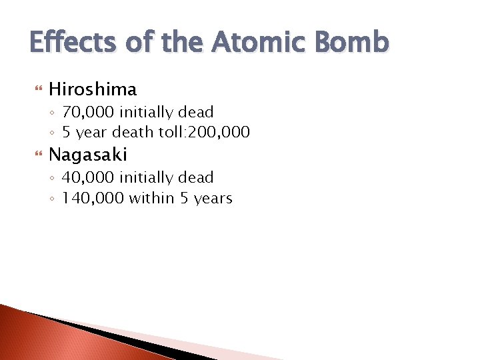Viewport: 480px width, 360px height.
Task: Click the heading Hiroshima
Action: [93, 89]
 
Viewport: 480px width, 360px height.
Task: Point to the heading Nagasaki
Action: [88, 155]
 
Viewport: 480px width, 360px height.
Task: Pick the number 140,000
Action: [93, 198]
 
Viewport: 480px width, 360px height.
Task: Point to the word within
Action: [153, 198]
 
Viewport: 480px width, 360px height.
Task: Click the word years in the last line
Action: [213, 199]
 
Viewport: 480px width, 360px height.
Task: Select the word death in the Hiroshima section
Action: [135, 132]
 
